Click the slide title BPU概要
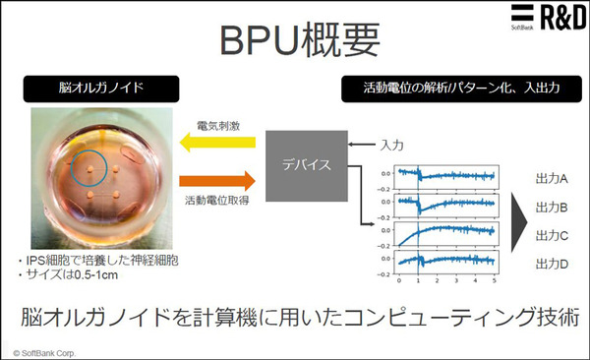click(293, 41)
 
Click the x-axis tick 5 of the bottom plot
click(493, 280)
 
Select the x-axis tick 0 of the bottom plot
click(399, 280)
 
